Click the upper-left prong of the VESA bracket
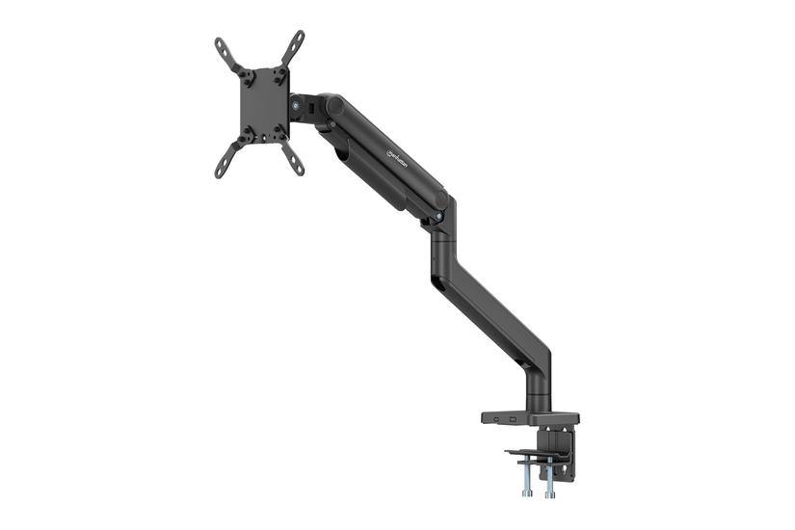click(224, 51)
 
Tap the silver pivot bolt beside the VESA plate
click(292, 105)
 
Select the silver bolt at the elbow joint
click(440, 217)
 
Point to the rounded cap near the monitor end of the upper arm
click(334, 101)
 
